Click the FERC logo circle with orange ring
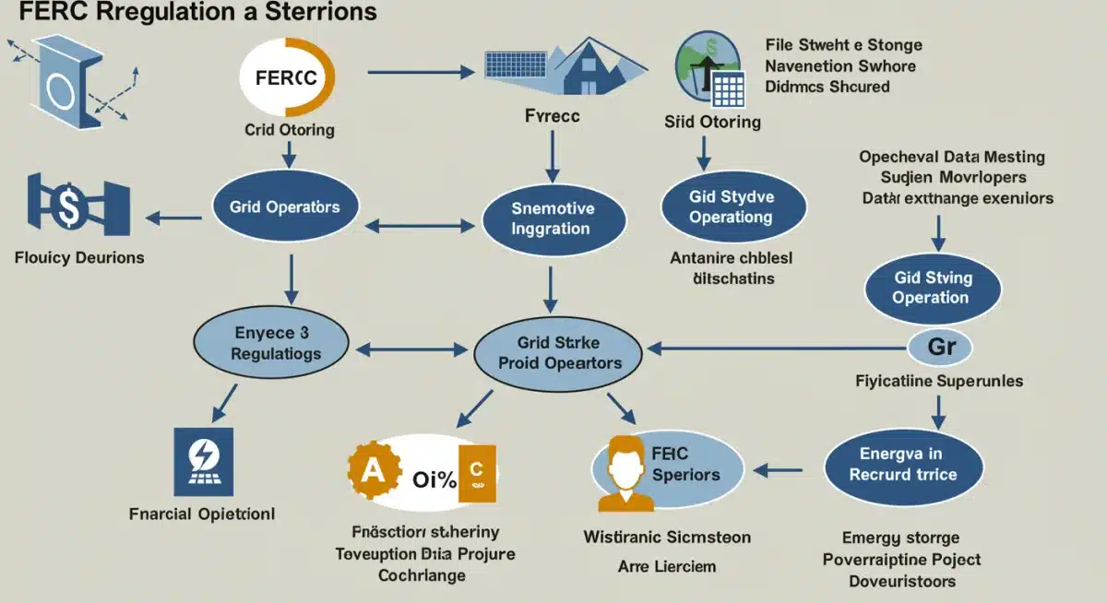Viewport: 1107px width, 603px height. [x=287, y=77]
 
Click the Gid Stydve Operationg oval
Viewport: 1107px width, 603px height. [x=731, y=207]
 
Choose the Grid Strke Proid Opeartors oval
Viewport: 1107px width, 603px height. [x=559, y=353]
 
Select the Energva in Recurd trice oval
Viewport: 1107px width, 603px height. [x=902, y=465]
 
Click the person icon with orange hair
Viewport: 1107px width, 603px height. [x=626, y=472]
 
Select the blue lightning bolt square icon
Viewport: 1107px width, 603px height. [x=203, y=461]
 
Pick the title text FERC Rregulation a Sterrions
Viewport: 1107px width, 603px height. [x=189, y=13]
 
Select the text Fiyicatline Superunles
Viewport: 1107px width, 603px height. [x=938, y=380]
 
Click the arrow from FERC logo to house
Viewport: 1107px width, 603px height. [x=419, y=71]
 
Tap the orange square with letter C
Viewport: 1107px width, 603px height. [x=477, y=473]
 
